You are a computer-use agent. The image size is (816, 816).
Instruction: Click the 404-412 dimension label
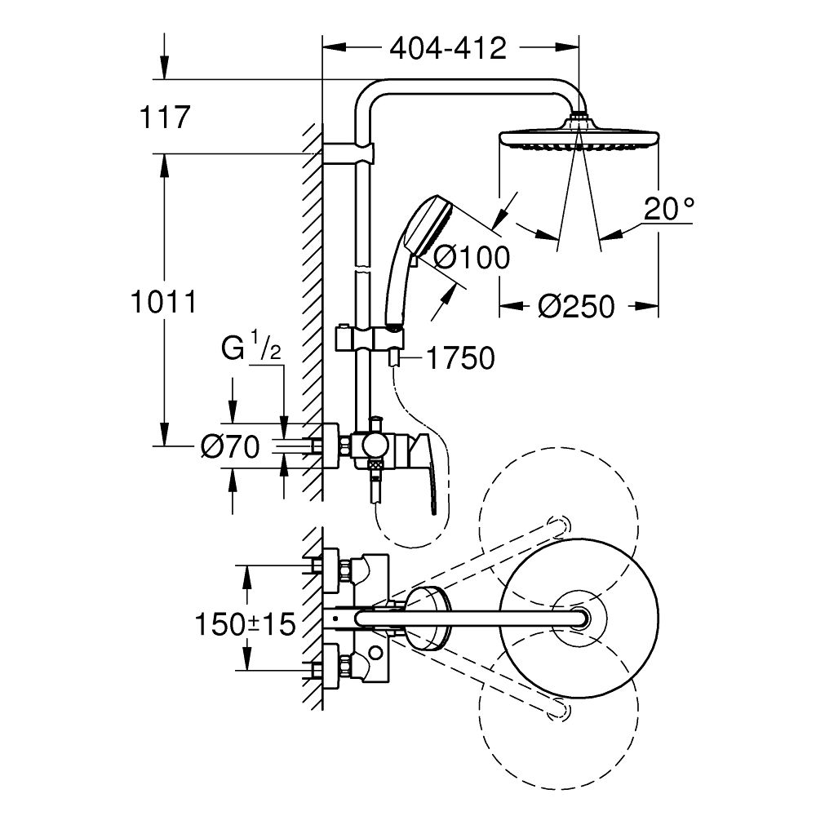448,49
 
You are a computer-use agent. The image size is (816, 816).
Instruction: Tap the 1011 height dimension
163,302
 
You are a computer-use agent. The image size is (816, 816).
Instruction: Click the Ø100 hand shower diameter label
471,258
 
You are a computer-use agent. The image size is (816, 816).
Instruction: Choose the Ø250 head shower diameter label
575,307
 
